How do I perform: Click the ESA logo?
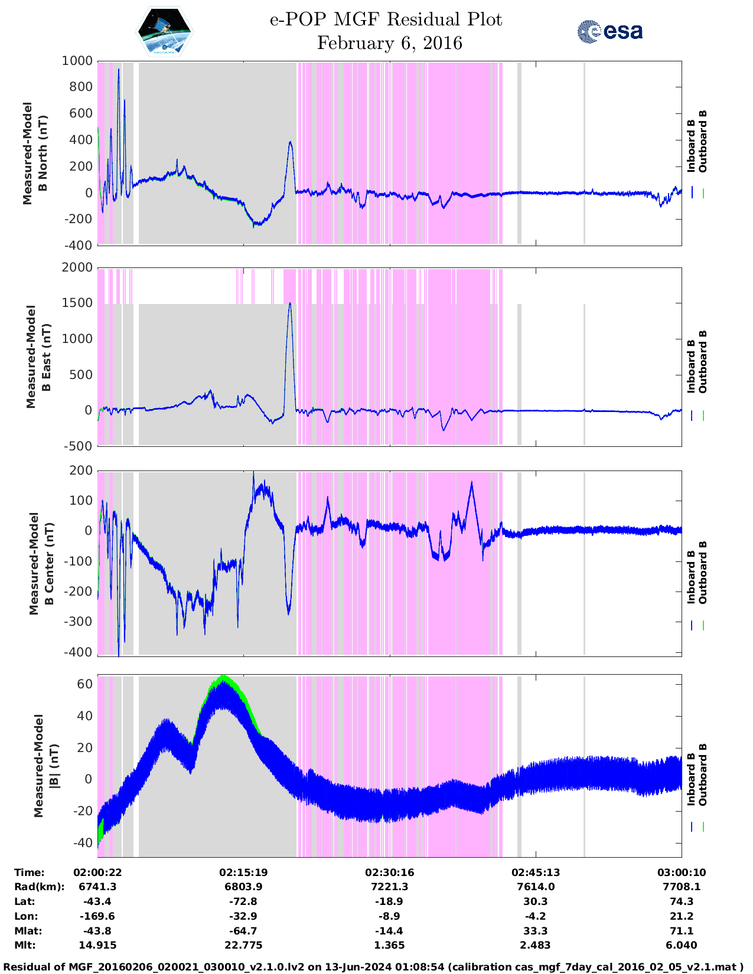[609, 31]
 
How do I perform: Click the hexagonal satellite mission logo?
[164, 31]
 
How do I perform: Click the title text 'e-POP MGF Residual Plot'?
[386, 19]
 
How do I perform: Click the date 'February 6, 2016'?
[389, 43]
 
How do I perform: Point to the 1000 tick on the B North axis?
[78, 61]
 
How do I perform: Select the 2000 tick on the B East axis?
[78, 267]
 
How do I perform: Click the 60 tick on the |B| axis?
[85, 684]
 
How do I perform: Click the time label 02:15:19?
[243, 872]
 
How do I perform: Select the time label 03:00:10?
[682, 872]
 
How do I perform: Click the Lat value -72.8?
[243, 901]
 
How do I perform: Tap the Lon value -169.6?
[97, 916]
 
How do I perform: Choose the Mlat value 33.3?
[536, 931]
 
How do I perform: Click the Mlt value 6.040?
[682, 945]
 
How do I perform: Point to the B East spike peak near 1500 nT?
[290, 303]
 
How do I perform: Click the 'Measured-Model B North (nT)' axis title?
[35, 153]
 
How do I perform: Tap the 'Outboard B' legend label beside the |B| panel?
[703, 775]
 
